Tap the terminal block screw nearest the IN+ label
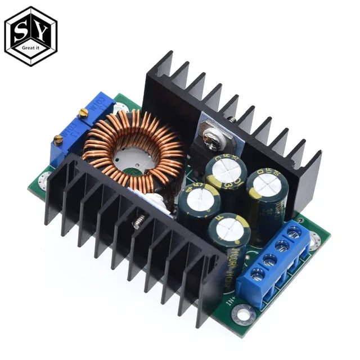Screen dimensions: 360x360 [x=258, y=275]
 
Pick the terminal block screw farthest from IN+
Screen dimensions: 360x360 [x=292, y=231]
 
